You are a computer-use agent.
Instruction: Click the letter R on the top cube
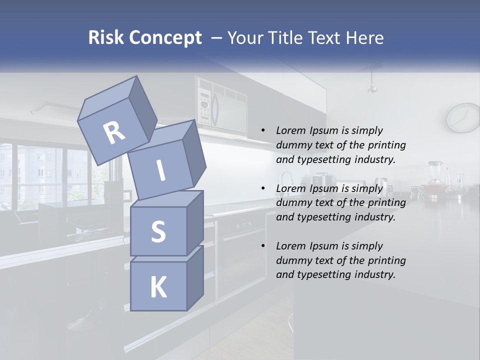(x=114, y=133)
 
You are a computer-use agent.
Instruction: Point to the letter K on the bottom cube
(x=158, y=287)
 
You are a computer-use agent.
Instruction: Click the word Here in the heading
(x=363, y=37)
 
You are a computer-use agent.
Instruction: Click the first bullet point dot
(x=263, y=130)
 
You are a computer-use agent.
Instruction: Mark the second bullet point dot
(x=263, y=188)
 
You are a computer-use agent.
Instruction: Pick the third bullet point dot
(x=263, y=246)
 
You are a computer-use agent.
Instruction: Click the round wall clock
(x=463, y=118)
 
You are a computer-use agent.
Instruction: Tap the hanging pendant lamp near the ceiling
(x=372, y=87)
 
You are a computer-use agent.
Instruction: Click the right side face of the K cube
(x=194, y=277)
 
